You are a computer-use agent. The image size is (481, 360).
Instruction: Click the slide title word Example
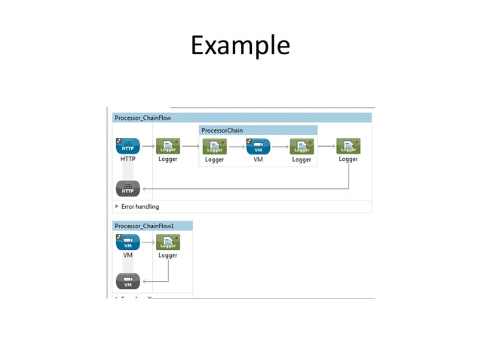click(240, 45)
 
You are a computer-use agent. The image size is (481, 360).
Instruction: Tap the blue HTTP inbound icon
click(127, 145)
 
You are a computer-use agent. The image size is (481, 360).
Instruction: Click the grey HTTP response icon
click(127, 188)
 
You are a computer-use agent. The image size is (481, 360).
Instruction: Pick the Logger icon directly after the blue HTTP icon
click(167, 145)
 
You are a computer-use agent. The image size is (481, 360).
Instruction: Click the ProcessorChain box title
click(222, 130)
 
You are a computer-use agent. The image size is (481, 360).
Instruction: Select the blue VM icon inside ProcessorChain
click(258, 146)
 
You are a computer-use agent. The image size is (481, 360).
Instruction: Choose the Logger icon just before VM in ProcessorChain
click(215, 146)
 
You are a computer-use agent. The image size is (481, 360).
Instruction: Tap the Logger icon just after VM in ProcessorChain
click(302, 146)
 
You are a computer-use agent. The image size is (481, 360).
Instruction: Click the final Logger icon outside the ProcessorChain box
click(348, 145)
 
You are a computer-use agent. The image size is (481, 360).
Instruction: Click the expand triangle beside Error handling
click(117, 206)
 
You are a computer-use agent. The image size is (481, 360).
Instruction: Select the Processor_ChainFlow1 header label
click(144, 225)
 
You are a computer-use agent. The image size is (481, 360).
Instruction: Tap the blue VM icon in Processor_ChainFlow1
click(127, 242)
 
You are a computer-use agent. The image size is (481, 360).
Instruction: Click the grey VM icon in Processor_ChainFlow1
click(127, 282)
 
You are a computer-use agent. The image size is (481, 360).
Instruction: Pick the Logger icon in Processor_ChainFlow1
click(167, 242)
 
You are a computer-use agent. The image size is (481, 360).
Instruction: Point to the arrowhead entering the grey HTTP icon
click(144, 188)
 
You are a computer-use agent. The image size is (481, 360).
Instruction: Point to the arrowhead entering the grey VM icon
click(144, 282)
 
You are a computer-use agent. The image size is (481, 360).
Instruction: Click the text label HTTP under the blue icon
click(127, 160)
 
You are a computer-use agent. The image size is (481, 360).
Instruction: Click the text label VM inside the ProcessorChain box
click(258, 160)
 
